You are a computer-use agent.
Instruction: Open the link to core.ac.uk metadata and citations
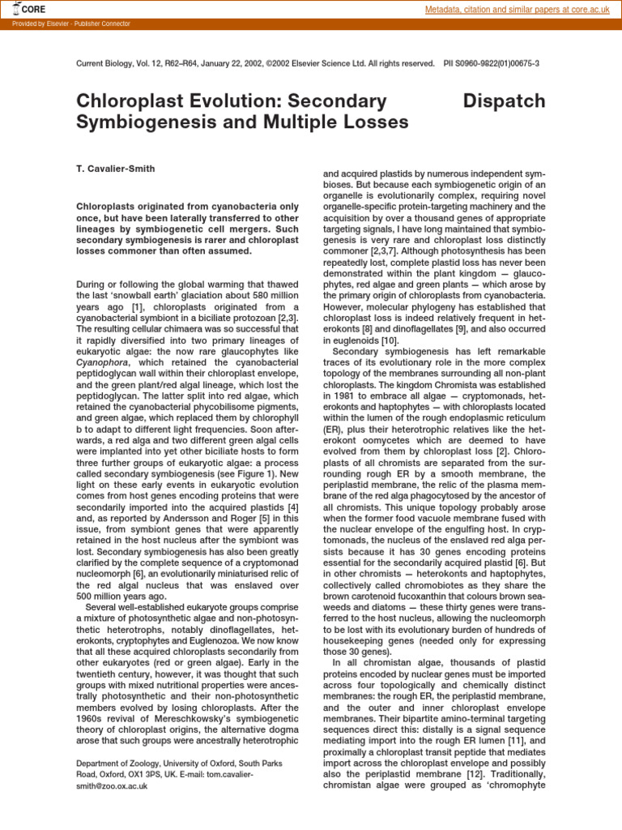[518, 10]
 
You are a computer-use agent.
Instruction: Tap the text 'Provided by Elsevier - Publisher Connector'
[71, 24]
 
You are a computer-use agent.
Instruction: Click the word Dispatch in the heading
[504, 101]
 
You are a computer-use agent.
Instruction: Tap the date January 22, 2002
[238, 63]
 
